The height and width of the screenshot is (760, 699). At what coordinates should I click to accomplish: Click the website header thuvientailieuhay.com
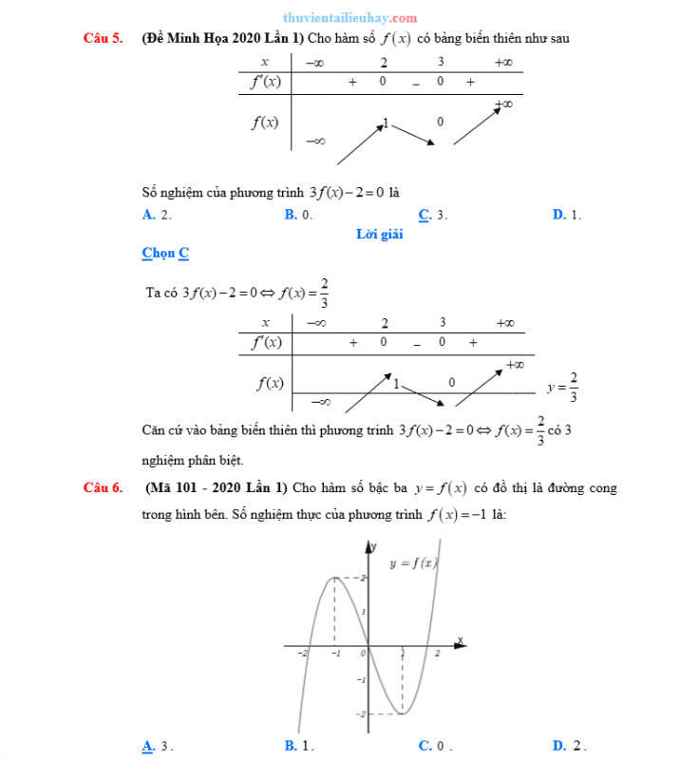tap(349, 18)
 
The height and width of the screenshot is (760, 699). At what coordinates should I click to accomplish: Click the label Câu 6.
tap(103, 488)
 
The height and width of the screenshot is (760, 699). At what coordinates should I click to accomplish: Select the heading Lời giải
tap(380, 235)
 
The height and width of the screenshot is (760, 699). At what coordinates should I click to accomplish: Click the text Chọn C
tap(165, 254)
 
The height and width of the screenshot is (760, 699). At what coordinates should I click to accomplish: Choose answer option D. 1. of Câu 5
tap(566, 215)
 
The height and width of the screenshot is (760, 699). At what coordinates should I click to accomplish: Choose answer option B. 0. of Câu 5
tap(298, 215)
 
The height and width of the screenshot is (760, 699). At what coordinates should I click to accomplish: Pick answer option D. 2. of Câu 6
tap(568, 746)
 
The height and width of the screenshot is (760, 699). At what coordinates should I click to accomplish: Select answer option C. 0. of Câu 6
tap(434, 746)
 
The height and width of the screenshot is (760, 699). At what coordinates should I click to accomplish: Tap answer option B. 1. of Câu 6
tap(298, 746)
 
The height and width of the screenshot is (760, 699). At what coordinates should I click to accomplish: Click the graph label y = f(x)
tap(413, 562)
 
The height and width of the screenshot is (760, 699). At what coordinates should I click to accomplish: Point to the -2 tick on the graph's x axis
tap(302, 654)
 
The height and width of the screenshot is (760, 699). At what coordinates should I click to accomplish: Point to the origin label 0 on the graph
tap(362, 654)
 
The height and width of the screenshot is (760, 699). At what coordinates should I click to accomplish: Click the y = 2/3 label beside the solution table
tap(563, 387)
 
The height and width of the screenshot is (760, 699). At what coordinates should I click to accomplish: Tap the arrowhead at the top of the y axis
tap(368, 544)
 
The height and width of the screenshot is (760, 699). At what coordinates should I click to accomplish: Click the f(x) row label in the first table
tap(264, 121)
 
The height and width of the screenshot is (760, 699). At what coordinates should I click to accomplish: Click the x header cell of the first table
tap(264, 62)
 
